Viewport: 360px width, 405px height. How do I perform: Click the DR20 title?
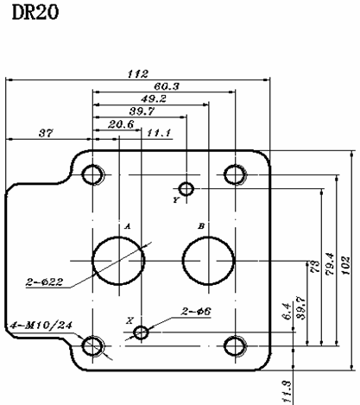click(35, 12)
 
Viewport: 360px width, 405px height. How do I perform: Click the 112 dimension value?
click(138, 74)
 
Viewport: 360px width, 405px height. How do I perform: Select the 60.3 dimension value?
click(167, 86)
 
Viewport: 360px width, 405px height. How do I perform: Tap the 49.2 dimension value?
click(154, 98)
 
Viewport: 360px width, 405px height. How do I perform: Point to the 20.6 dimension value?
click(121, 124)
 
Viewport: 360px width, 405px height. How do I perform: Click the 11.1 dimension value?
click(159, 133)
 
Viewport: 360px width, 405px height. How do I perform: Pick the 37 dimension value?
click(46, 133)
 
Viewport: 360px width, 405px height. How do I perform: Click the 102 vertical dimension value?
click(346, 265)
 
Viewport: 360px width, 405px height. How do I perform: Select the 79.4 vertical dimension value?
click(330, 264)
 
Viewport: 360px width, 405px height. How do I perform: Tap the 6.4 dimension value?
click(287, 311)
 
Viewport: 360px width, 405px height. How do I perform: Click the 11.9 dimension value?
click(287, 392)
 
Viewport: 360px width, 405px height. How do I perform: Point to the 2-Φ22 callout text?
click(44, 282)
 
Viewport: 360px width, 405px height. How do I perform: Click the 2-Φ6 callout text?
click(196, 311)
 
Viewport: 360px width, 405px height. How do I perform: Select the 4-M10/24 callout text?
click(41, 326)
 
